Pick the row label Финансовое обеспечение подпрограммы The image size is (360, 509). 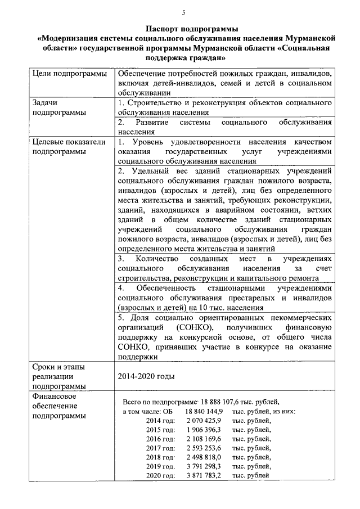(59, 406)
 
